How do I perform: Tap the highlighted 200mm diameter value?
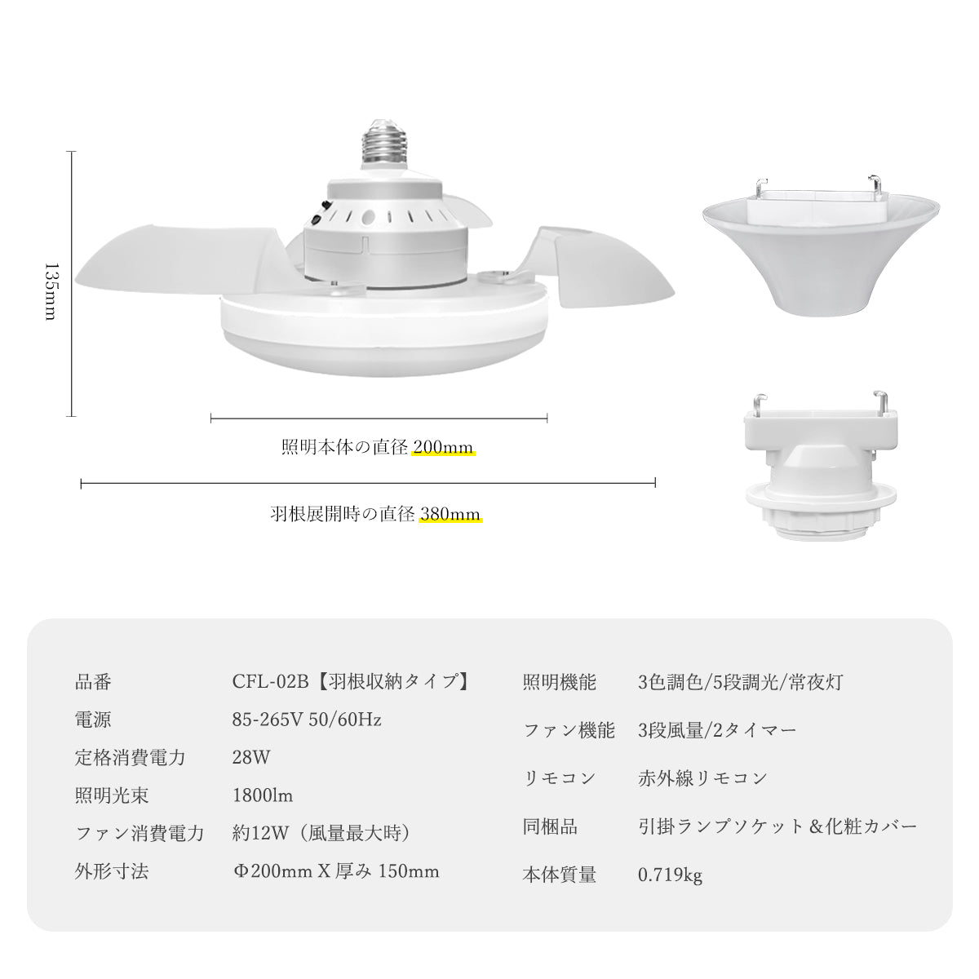pos(443,447)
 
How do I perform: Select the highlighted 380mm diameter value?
pos(450,514)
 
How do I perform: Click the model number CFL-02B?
pos(270,682)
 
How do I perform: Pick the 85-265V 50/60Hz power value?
pos(307,720)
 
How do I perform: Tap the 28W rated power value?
pos(251,757)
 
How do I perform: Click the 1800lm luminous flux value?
pos(263,795)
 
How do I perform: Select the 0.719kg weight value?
pos(670,875)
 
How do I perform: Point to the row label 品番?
pos(93,682)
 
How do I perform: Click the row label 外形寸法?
pos(111,871)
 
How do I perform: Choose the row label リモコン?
pos(559,777)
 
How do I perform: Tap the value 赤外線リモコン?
pos(702,777)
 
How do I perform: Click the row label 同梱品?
pos(550,826)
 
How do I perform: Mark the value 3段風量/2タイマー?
pos(717,730)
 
